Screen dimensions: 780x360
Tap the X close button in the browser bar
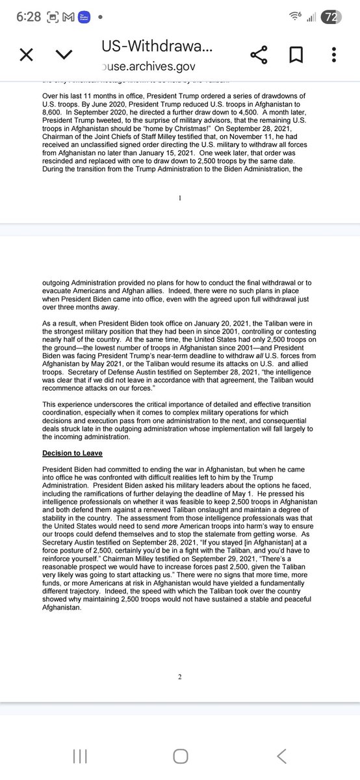(x=26, y=55)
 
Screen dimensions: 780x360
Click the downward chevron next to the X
(x=64, y=56)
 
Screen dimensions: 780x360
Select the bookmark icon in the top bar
(x=296, y=55)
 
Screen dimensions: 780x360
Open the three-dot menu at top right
(x=333, y=55)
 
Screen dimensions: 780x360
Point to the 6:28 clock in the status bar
(x=30, y=18)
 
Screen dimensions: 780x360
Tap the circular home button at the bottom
(x=180, y=756)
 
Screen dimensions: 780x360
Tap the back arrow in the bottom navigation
(x=281, y=756)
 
